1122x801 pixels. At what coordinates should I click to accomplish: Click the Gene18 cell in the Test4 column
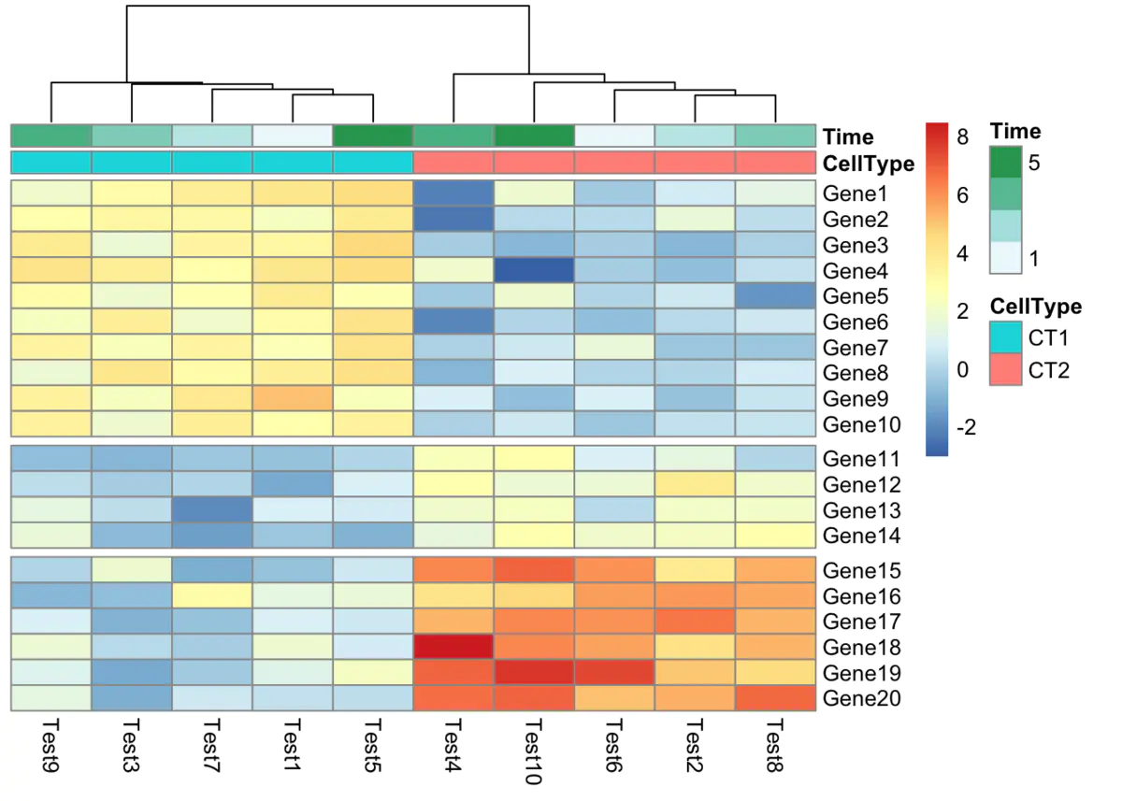[453, 647]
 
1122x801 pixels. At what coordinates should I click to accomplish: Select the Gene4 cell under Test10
[533, 271]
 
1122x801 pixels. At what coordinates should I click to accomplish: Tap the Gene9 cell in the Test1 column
[292, 399]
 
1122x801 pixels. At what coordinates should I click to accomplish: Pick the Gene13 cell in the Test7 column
[211, 510]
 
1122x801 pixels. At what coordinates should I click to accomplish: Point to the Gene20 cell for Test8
[774, 698]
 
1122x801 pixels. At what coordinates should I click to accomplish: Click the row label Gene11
[861, 460]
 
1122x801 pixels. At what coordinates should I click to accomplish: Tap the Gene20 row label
[861, 698]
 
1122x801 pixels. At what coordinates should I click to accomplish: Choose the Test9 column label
[50, 746]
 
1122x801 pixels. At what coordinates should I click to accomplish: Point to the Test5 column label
[372, 746]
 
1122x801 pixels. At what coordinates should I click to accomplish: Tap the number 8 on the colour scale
[964, 136]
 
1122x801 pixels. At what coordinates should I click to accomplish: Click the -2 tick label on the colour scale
[964, 428]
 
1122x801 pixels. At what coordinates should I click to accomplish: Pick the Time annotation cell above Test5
[372, 136]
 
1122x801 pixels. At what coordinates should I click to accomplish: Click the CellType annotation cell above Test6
[613, 163]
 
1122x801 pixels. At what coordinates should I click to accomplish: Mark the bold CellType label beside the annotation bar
[869, 164]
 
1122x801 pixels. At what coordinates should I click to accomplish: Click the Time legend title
[1016, 131]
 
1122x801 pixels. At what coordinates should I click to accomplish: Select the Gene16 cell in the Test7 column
[211, 595]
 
